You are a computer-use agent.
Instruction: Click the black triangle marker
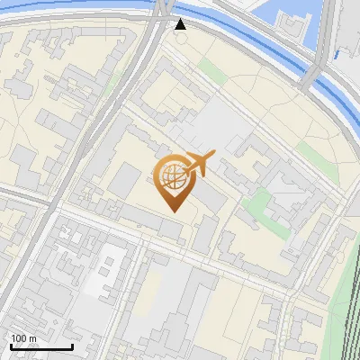[181, 24]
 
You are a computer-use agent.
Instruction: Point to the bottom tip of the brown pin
[172, 211]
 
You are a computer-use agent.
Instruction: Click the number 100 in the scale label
[19, 338]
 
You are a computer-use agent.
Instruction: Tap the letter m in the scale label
[33, 338]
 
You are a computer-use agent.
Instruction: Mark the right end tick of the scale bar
[73, 346]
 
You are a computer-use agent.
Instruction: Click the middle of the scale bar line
[40, 347]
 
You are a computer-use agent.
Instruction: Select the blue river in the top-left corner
[54, 4]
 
